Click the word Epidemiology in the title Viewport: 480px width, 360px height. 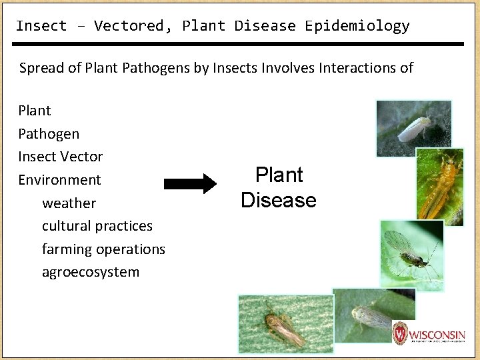click(357, 26)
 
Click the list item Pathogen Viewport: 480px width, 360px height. click(49, 133)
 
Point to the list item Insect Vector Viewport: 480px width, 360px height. click(61, 157)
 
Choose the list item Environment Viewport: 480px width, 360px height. click(59, 180)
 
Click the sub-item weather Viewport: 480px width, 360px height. click(69, 203)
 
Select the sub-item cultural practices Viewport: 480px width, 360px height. click(97, 226)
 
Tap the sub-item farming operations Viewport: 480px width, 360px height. click(103, 249)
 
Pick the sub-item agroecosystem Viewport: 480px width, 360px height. click(91, 272)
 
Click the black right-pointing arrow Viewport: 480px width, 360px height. click(190, 184)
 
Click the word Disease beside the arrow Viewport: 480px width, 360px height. click(279, 200)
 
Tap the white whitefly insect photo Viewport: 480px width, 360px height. click(413, 128)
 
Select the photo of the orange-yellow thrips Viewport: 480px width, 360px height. click(439, 187)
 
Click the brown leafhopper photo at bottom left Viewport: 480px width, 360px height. click(285, 324)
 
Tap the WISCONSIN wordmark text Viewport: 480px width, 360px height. click(437, 333)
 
